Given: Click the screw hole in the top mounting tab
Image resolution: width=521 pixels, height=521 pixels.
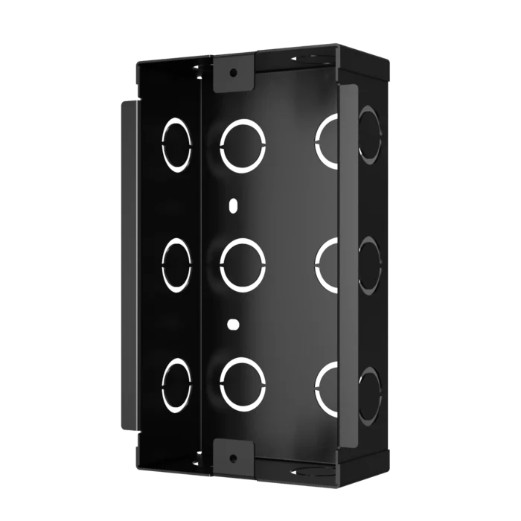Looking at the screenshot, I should [233, 73].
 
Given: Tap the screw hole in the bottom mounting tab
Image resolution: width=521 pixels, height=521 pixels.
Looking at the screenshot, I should [233, 456].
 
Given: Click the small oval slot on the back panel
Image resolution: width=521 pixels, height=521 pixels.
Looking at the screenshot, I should [233, 205].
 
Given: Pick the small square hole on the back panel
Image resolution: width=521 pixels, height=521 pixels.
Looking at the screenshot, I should [233, 324].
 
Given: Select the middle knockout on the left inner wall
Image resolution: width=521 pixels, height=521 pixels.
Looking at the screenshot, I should [177, 264].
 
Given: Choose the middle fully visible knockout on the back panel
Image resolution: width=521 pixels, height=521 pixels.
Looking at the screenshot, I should [243, 264].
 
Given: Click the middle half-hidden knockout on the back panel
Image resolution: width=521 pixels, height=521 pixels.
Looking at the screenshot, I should [327, 264].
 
